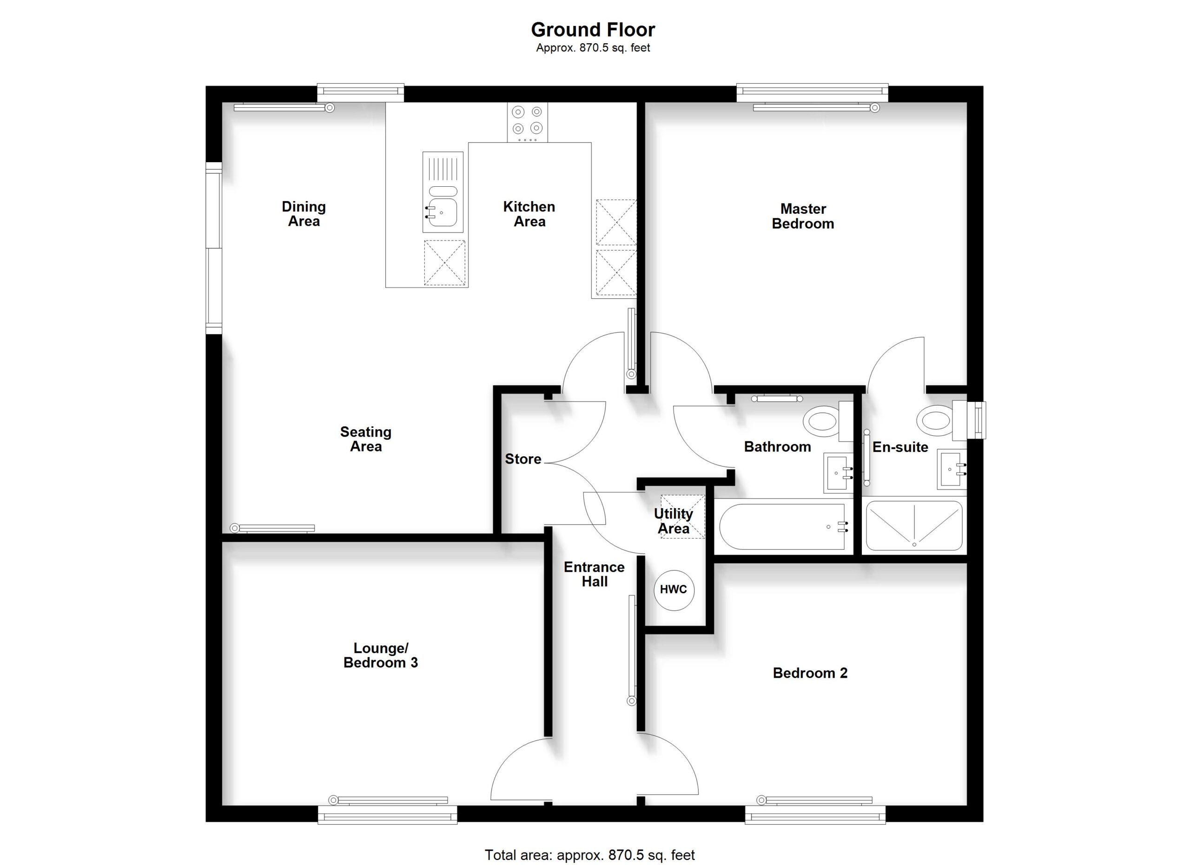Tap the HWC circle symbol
click(x=674, y=590)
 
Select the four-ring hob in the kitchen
click(x=527, y=122)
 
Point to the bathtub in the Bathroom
click(x=782, y=526)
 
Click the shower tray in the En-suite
click(x=914, y=525)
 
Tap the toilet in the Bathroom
click(x=828, y=421)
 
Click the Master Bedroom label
click(x=803, y=216)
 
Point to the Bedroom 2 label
click(x=810, y=673)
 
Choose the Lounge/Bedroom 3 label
click(x=381, y=656)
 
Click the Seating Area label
click(x=366, y=439)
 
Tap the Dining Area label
click(x=304, y=214)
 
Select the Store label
click(x=523, y=459)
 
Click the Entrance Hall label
click(x=595, y=575)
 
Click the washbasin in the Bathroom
click(x=839, y=473)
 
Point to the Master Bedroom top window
click(x=812, y=93)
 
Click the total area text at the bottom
click(x=590, y=855)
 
